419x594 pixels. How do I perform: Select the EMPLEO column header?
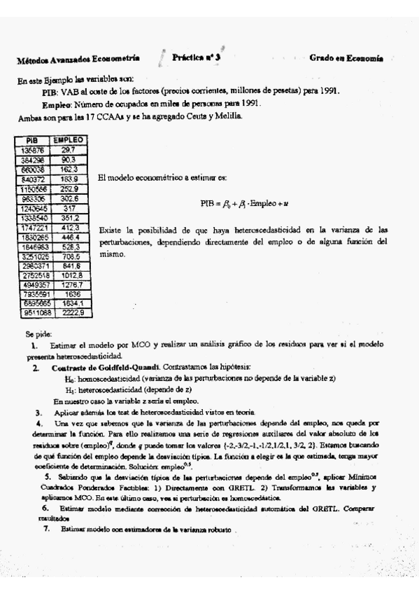[68, 140]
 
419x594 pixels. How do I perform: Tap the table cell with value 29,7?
[68, 150]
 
